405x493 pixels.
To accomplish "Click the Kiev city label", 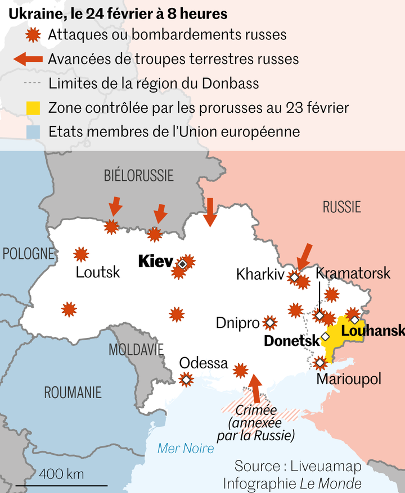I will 155,261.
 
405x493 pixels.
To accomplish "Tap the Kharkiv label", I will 260,275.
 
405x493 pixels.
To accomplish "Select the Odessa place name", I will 204,363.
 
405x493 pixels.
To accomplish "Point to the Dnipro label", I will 237,323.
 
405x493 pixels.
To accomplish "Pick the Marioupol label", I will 349,379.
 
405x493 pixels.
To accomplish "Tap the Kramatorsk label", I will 353,273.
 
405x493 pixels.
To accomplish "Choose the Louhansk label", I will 372,331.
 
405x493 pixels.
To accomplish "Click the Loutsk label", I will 98,273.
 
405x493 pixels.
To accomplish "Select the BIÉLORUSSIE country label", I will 139,176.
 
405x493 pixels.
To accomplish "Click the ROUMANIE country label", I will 73,392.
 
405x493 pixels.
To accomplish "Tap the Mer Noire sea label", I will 186,448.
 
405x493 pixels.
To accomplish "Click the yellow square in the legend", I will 34,107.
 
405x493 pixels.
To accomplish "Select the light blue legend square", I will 34,131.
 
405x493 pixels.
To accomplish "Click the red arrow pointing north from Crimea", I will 255,386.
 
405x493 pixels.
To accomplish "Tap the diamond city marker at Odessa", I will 186,380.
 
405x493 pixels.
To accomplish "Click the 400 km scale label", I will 62,473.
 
